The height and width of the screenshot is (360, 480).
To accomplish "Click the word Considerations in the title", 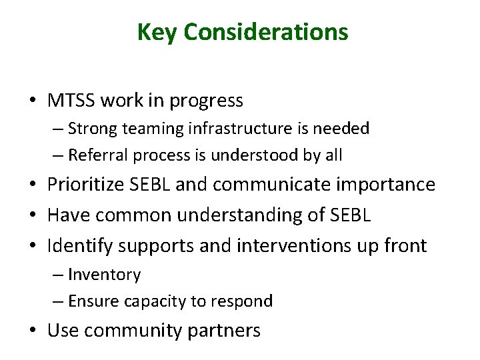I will (266, 32).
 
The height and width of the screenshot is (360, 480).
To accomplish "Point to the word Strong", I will (91, 129).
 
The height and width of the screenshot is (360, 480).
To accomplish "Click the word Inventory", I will (105, 275).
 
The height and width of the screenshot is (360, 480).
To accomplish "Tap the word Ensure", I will (92, 301).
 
